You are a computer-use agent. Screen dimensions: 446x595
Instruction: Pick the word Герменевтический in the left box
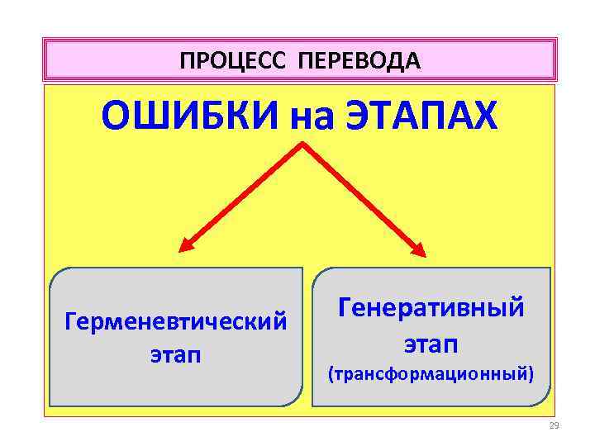click(175, 319)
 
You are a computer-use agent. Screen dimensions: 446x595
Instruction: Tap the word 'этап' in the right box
click(431, 342)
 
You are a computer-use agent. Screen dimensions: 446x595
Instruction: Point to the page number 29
click(554, 426)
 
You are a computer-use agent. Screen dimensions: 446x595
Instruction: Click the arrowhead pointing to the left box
click(187, 246)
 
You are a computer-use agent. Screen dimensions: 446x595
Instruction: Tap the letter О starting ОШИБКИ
click(114, 116)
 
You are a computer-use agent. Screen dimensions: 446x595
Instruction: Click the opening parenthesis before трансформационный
click(331, 375)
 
